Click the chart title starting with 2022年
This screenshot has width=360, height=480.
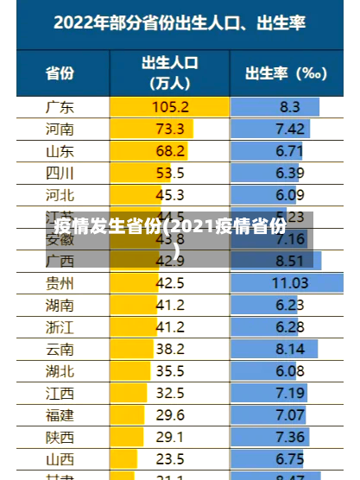point(180,24)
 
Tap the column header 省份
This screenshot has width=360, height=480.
point(59,73)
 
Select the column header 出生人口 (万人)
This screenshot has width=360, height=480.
point(170,73)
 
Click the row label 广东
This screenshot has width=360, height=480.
point(59,107)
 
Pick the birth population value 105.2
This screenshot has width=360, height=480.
point(170,107)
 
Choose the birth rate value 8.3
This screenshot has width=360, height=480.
point(290,107)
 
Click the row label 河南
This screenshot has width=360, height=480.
point(59,129)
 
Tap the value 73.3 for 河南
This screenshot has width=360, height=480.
point(170,129)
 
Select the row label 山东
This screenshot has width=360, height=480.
point(59,151)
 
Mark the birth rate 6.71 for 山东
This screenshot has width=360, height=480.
point(290,151)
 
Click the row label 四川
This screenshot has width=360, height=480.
point(59,173)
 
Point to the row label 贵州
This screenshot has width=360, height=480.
point(59,282)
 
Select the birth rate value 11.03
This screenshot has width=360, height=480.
point(290,282)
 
